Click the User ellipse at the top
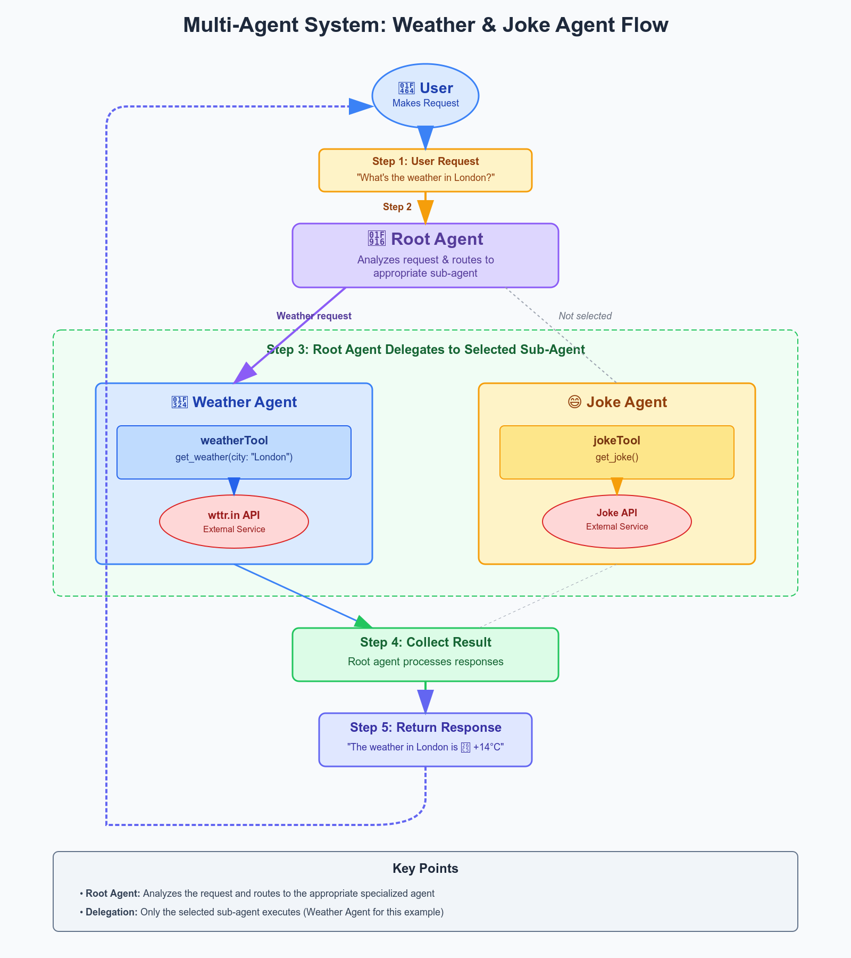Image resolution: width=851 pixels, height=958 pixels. (x=425, y=96)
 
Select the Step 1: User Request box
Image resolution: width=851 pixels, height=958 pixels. (x=425, y=170)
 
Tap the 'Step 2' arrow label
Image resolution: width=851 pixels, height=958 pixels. (x=397, y=207)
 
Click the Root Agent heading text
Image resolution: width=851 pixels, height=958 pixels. (x=437, y=239)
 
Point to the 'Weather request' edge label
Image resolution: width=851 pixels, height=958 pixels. (x=314, y=316)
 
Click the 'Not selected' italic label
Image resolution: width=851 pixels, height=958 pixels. (x=585, y=316)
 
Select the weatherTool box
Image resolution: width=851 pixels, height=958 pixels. (x=234, y=452)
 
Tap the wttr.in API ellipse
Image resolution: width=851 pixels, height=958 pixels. (x=234, y=522)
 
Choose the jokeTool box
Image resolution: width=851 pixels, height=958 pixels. (x=617, y=452)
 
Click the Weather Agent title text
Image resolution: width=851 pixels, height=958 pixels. (x=244, y=402)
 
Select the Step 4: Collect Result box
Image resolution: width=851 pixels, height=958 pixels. (x=425, y=654)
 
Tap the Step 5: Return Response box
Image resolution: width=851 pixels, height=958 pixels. (x=425, y=739)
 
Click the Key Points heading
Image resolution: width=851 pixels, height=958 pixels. (x=425, y=869)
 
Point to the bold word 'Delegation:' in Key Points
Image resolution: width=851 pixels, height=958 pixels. (x=112, y=912)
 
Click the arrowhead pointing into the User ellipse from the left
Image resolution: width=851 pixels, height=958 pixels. (x=361, y=106)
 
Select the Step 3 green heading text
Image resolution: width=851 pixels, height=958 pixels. (x=425, y=350)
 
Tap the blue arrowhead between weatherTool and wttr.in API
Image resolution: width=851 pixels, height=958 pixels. (x=234, y=486)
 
